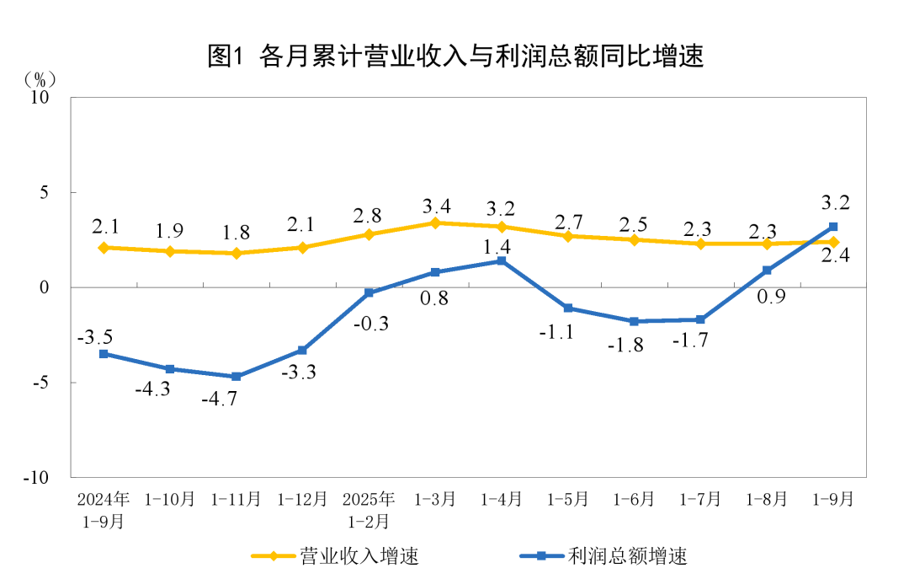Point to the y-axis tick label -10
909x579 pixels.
pyautogui.click(x=35, y=477)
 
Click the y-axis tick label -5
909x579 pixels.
pyautogui.click(x=40, y=383)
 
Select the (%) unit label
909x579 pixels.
pyautogui.click(x=40, y=79)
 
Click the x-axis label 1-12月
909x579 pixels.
pyautogui.click(x=303, y=499)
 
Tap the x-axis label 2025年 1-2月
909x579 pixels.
pyautogui.click(x=369, y=510)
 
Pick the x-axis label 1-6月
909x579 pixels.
pyautogui.click(x=634, y=499)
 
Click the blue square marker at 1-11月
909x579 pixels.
pyautogui.click(x=237, y=377)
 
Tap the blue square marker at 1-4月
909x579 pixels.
pyautogui.click(x=502, y=261)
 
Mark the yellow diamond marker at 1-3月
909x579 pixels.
pyautogui.click(x=435, y=223)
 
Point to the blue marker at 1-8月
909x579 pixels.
pyautogui.click(x=767, y=271)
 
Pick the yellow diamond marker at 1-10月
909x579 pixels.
pyautogui.click(x=170, y=251)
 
